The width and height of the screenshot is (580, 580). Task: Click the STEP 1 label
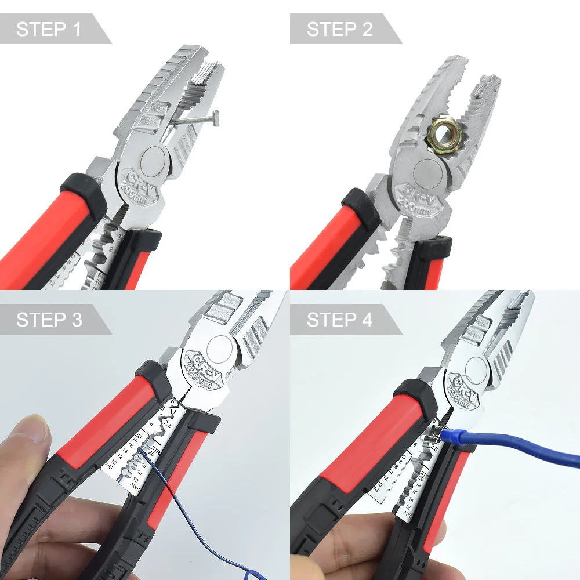[49, 29]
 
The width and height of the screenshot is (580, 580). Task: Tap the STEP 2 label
[339, 29]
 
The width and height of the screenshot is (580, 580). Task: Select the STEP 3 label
[49, 320]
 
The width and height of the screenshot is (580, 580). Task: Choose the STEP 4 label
[339, 320]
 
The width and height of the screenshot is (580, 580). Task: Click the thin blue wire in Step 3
[174, 499]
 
